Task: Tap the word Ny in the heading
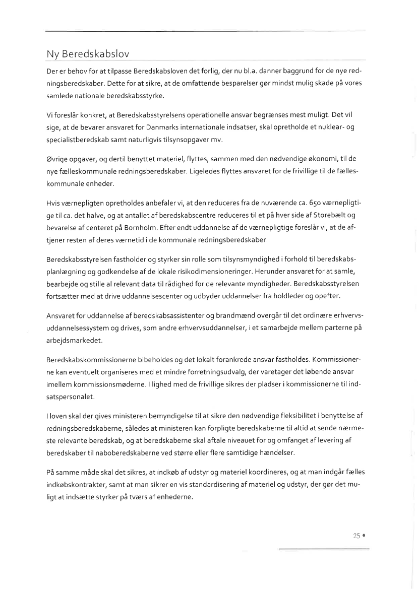click(x=53, y=53)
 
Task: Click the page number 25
click(x=356, y=536)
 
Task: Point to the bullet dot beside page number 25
click(x=364, y=536)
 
